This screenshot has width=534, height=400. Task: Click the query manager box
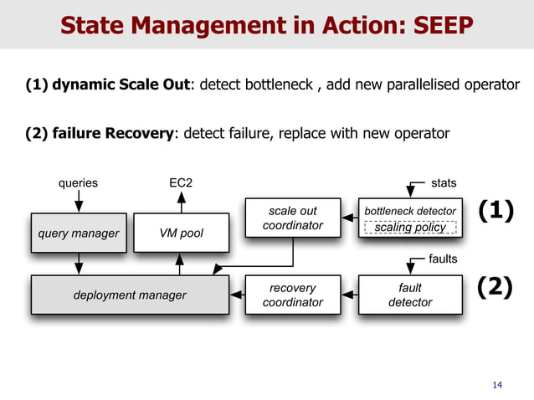tap(78, 233)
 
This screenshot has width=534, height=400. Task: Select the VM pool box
tap(180, 233)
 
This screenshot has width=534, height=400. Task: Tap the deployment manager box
tap(130, 295)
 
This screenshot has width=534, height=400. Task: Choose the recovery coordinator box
tap(292, 295)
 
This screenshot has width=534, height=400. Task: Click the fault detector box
tap(410, 295)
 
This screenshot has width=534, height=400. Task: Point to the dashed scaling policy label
tap(410, 228)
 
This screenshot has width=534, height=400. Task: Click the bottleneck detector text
tap(410, 211)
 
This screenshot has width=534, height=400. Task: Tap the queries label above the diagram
tap(78, 182)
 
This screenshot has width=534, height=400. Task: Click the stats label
tap(444, 182)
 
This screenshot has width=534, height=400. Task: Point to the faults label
tap(443, 259)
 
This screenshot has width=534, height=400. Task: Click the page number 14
tap(498, 385)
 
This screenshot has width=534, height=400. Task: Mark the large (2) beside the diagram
tap(495, 289)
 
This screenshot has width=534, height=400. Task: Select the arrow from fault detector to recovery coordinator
tap(348, 295)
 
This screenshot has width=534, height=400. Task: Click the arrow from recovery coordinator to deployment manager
tap(237, 295)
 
